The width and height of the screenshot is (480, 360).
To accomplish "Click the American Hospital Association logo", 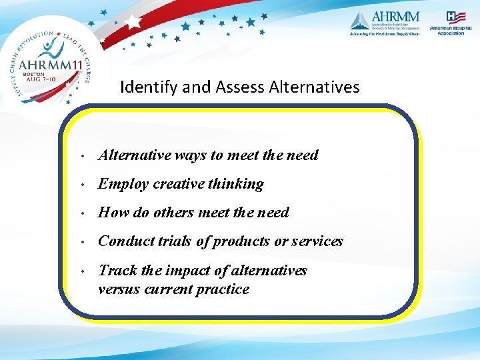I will click(x=451, y=23).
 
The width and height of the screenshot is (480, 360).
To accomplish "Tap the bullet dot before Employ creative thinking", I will click(x=80, y=185).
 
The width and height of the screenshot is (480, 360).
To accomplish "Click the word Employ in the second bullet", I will click(x=123, y=184).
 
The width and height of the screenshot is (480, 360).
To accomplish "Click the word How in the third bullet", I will click(x=112, y=213).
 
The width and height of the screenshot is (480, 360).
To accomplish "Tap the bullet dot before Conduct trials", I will click(x=80, y=242).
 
